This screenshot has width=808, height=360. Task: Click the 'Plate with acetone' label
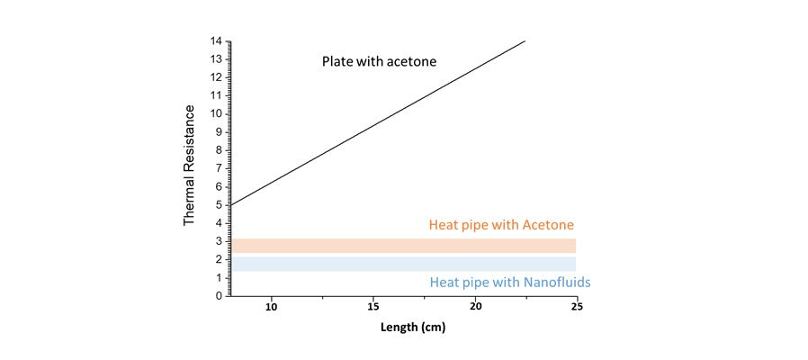[x=378, y=62]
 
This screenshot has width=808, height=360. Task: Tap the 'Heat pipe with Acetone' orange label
[x=501, y=224]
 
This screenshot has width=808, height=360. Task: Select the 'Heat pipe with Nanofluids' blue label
[x=510, y=282]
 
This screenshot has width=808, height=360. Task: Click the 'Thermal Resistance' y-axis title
[x=190, y=166]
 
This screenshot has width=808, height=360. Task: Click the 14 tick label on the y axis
[x=216, y=41]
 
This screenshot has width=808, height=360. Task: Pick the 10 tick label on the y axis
[x=216, y=114]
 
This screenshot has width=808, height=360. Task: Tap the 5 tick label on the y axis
[x=219, y=205]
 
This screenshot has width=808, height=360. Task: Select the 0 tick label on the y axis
[x=219, y=296]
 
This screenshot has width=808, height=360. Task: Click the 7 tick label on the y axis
[x=219, y=168]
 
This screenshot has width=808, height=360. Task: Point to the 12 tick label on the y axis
[x=216, y=77]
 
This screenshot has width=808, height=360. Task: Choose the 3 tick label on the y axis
[x=219, y=241]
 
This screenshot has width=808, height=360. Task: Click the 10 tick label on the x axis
[x=272, y=308]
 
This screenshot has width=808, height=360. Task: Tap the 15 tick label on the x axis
[x=374, y=308]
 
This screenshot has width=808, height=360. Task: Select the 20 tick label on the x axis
[x=476, y=308]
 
